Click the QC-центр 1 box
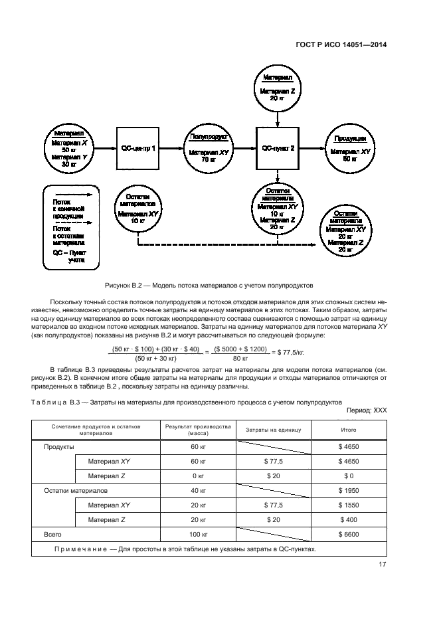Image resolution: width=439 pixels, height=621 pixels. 138,148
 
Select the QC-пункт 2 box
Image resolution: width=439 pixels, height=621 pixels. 278,148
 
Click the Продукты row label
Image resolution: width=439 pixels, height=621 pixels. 58,447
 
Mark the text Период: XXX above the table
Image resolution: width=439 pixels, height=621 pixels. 367,410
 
